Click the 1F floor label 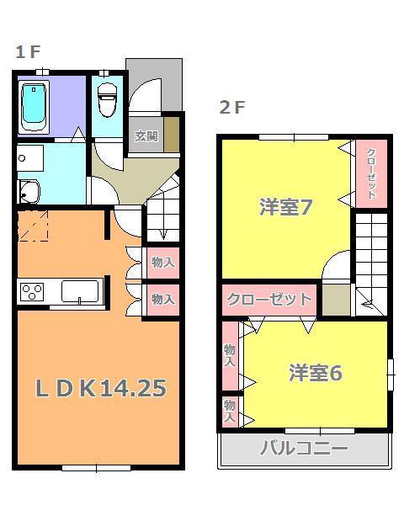pos(27,52)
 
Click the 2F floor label pos(232,108)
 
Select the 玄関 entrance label pos(146,136)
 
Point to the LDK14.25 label pos(99,388)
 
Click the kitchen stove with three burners pos(33,293)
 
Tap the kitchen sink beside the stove pos(80,293)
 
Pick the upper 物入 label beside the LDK pos(162,263)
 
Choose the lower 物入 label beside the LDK pos(162,298)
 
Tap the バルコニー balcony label pos(304,448)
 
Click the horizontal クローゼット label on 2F pos(268,299)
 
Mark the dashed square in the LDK pos(35,226)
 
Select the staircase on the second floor pos(369,261)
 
